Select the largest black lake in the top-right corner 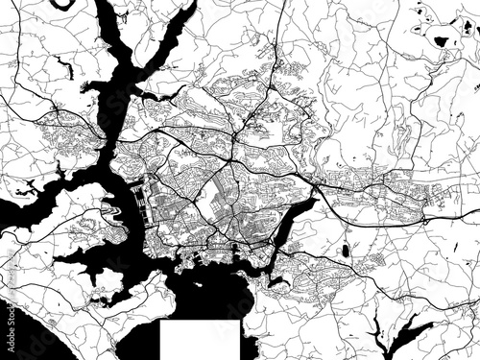click(442, 41)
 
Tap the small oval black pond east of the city click(345, 252)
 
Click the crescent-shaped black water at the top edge click(64, 5)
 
